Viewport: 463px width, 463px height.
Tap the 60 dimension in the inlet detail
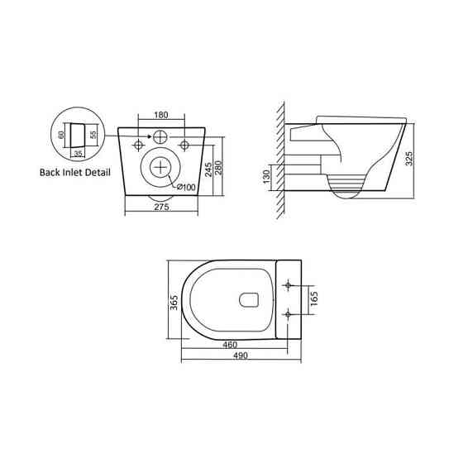(61, 134)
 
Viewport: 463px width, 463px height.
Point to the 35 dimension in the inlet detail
(77, 152)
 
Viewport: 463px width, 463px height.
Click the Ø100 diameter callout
(186, 188)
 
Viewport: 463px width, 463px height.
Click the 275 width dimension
(161, 208)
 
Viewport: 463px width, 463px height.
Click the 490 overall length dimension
(240, 356)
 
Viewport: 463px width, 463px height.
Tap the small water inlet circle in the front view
(160, 136)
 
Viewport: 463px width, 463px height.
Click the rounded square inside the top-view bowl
(248, 298)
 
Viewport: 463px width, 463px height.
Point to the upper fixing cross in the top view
(287, 284)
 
